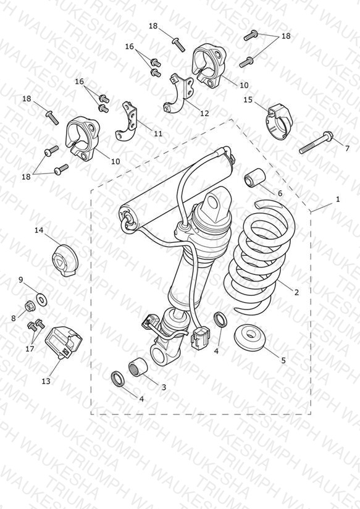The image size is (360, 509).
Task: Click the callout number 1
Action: [x=338, y=199]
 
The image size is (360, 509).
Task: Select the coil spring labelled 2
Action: [x=260, y=256]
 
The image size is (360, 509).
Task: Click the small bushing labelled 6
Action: [x=255, y=177]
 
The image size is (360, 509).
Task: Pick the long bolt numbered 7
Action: [x=316, y=143]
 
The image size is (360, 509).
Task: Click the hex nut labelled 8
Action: [x=30, y=306]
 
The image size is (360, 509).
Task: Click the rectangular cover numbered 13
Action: [x=64, y=342]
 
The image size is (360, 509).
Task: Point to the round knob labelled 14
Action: [x=65, y=261]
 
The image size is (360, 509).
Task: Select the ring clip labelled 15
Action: [x=279, y=122]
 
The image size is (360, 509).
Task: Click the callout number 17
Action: [x=30, y=349]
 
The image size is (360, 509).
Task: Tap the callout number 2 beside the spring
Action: [x=296, y=292]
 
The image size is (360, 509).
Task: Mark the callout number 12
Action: [x=204, y=113]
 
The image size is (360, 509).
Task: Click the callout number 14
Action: [x=39, y=230]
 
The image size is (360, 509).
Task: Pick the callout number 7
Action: [x=347, y=148]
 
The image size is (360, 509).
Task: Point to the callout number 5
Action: [x=283, y=360]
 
